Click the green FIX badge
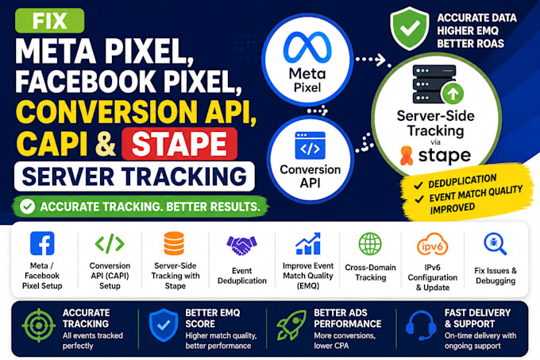pos(49,21)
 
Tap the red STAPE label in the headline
pos(179,144)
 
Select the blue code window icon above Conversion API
pos(310,145)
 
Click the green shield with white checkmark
pos(410,29)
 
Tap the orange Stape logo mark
pos(407,156)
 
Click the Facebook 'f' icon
pos(42,243)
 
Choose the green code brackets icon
pos(110,243)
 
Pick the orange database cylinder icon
pos(174,243)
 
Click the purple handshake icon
pos(241,245)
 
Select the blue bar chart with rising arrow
pos(308,243)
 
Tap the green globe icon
pos(370,244)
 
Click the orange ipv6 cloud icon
pos(432,244)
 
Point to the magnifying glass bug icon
pos(496,244)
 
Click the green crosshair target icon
pos(39,325)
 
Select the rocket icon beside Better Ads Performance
pos(291,325)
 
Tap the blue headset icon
pos(421,326)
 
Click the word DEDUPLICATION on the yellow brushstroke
pos(462,181)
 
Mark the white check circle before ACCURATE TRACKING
pos(27,207)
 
